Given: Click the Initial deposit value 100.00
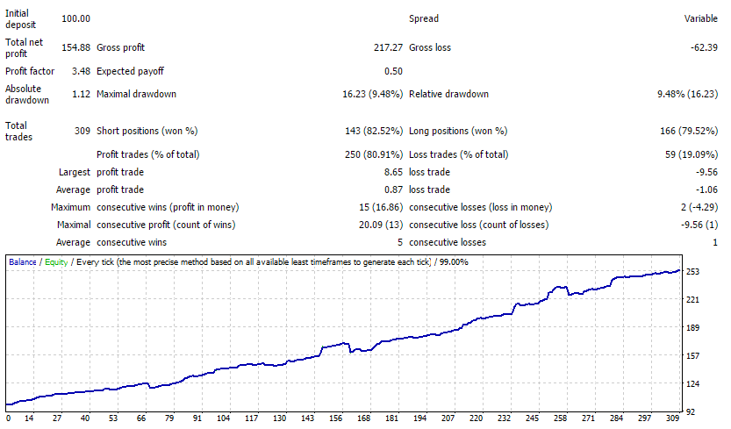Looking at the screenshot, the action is [x=76, y=18].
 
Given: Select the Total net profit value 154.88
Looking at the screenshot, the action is [x=76, y=47].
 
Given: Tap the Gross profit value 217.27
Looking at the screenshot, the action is [x=388, y=47].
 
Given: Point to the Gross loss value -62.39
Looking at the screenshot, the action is [x=704, y=47].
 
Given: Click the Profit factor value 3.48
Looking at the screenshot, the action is [x=81, y=71].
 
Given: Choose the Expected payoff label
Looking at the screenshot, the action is [x=130, y=71].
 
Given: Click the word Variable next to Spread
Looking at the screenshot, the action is [x=700, y=18].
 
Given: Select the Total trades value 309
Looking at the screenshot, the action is [x=82, y=131].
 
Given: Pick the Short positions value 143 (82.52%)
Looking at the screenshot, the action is [x=374, y=131].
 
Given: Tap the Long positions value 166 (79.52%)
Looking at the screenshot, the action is [x=689, y=131].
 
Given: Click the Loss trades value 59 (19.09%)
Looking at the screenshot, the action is [x=692, y=154].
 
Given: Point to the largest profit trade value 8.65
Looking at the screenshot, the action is [x=393, y=172].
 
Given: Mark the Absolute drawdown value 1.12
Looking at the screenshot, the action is [x=81, y=94].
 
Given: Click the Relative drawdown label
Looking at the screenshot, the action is [x=449, y=94].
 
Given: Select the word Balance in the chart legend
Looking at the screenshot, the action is [x=23, y=262].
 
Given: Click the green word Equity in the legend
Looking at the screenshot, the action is [x=56, y=262].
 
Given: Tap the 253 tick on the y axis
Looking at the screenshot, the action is [x=692, y=272].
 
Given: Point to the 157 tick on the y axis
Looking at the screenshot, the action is [x=692, y=356].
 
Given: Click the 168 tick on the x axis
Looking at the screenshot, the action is [x=363, y=418].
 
